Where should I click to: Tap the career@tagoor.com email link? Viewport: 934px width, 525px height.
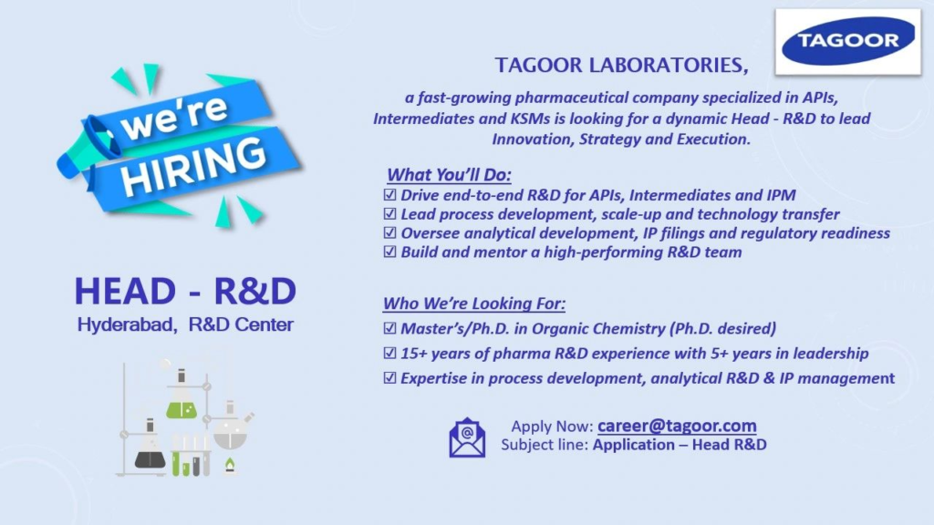(677, 426)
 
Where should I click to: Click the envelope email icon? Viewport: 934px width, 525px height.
(467, 436)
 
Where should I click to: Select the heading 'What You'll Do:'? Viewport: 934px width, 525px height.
(450, 175)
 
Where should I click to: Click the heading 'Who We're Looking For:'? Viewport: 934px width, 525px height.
(481, 304)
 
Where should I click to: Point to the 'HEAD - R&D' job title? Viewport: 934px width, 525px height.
(185, 291)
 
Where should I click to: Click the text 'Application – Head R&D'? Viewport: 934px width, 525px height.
(680, 445)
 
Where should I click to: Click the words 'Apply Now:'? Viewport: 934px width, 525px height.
(552, 427)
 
